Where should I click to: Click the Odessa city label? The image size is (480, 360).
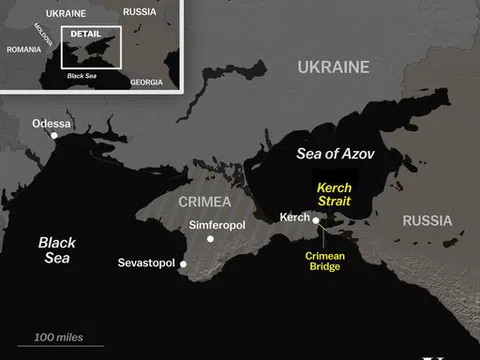click(x=52, y=123)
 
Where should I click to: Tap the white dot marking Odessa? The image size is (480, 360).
click(x=54, y=135)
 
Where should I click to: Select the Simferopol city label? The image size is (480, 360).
click(x=217, y=226)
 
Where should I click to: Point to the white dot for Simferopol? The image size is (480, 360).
click(x=210, y=239)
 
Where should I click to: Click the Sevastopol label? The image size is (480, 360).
click(x=146, y=263)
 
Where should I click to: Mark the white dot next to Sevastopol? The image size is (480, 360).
click(x=183, y=263)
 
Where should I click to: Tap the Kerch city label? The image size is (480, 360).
click(x=295, y=217)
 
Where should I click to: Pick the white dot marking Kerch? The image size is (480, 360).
click(x=316, y=221)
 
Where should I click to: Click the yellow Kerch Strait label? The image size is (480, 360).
click(x=335, y=195)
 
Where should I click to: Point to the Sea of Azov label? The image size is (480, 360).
click(x=335, y=154)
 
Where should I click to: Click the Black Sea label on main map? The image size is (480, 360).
click(x=56, y=249)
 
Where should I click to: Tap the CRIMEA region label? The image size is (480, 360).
click(x=204, y=201)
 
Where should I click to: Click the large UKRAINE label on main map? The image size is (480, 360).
click(x=332, y=68)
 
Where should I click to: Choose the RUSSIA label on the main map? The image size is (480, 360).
click(x=427, y=220)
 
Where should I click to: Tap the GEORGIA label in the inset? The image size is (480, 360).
click(x=145, y=81)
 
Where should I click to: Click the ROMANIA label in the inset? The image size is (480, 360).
click(x=23, y=49)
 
